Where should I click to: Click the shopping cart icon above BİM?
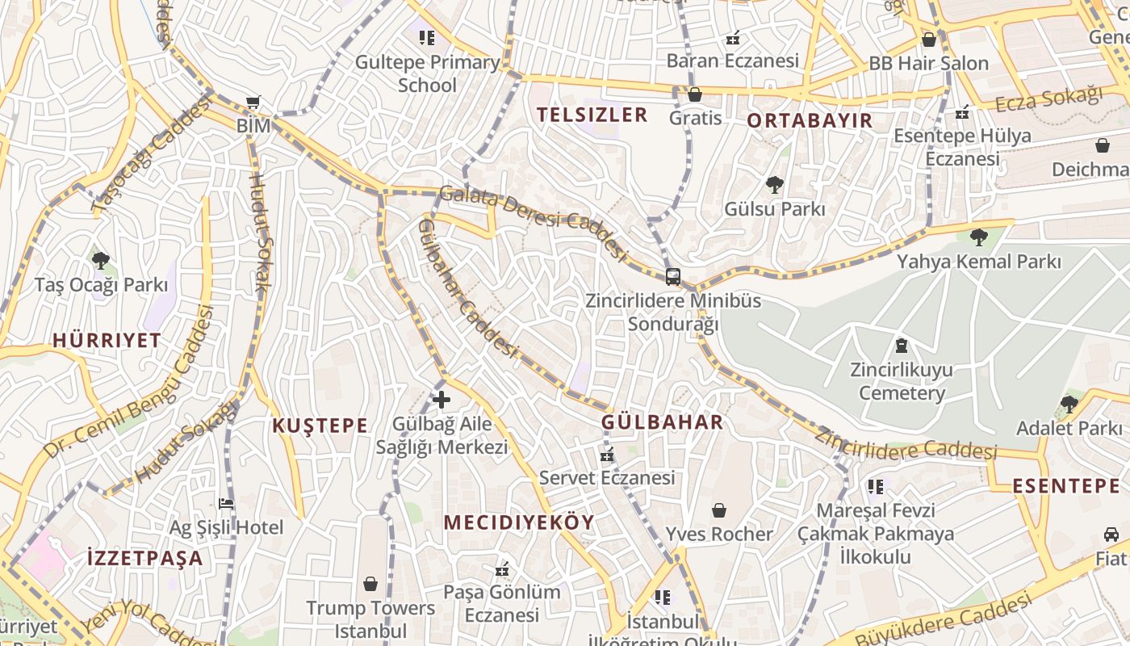tap(253, 102)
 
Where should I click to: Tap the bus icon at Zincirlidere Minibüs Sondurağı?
tap(672, 277)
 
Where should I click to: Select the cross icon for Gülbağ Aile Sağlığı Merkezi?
tap(442, 399)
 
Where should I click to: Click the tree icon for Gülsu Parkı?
tap(775, 185)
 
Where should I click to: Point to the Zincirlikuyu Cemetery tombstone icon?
tap(901, 346)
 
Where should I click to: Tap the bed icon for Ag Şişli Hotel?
tap(226, 504)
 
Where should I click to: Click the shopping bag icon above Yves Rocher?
tap(718, 510)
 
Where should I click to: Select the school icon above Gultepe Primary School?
tap(427, 37)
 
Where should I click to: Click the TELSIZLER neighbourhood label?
tap(592, 115)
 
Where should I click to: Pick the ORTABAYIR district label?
tap(809, 121)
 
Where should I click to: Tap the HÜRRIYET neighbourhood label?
tap(107, 340)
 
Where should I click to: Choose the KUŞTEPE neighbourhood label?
tap(320, 426)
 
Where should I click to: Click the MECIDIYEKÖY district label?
tap(518, 522)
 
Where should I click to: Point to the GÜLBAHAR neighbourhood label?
tap(662, 422)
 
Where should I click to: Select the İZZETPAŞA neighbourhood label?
tap(144, 558)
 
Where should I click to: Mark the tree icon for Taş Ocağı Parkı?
tap(101, 261)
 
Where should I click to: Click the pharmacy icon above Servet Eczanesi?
tap(607, 455)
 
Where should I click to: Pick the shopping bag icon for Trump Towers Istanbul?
tap(370, 583)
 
